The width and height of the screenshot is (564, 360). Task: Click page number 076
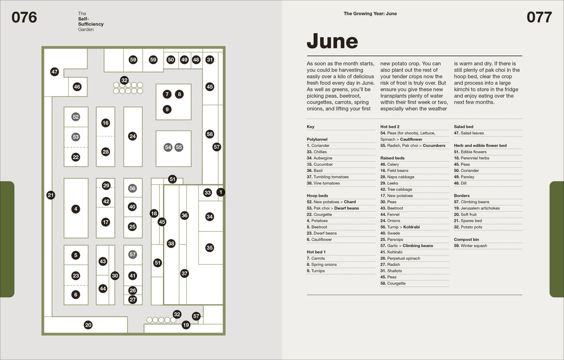click(24, 17)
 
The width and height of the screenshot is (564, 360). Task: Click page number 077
click(539, 17)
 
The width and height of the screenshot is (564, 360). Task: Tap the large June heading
click(332, 41)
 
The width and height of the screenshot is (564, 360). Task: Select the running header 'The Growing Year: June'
click(370, 14)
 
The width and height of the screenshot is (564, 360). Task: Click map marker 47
click(55, 72)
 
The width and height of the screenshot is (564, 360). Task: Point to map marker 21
click(51, 195)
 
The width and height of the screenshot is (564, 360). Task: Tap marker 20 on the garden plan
click(88, 325)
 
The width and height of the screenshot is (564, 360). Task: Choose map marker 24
click(132, 136)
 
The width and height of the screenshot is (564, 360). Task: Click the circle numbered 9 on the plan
click(167, 110)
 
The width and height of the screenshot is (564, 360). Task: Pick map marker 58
click(210, 134)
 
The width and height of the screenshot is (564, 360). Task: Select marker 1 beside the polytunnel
click(221, 192)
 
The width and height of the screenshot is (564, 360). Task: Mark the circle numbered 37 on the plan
click(185, 273)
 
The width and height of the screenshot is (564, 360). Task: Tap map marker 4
click(75, 209)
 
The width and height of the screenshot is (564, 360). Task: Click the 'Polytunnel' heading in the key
click(317, 139)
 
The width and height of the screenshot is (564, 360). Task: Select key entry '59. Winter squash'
click(470, 246)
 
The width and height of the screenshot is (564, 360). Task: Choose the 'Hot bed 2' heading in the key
click(390, 127)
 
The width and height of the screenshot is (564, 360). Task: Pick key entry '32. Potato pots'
click(468, 227)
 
